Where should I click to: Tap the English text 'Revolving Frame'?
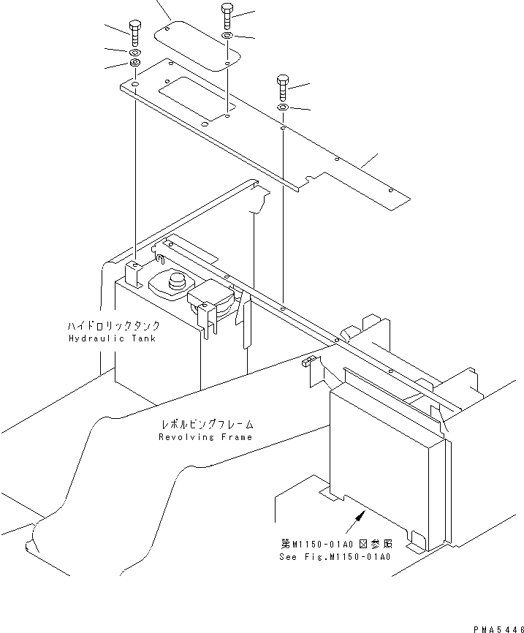205,436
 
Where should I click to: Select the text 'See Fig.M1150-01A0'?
335,556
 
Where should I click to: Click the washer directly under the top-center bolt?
228,37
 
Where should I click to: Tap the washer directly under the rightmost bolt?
282,109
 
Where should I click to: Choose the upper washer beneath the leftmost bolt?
136,54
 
